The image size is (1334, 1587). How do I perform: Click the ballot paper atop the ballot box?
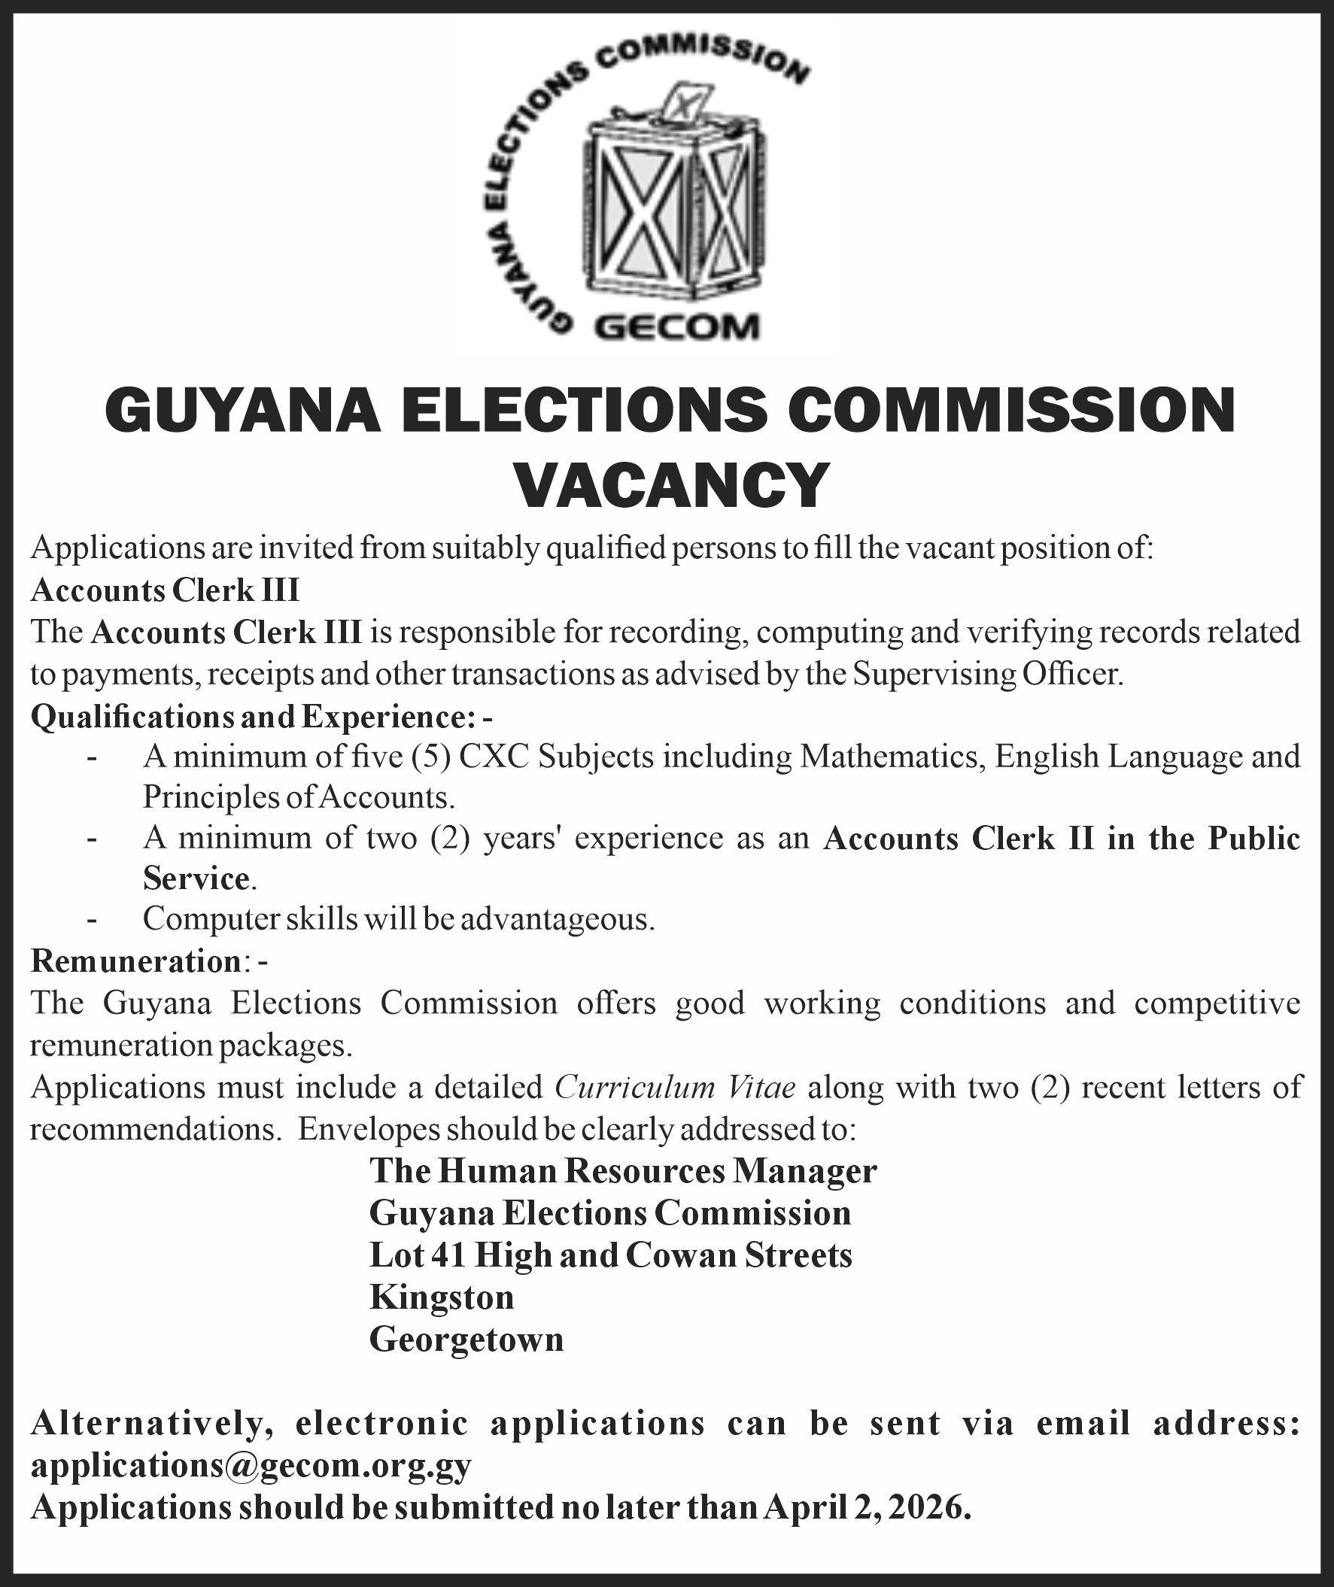pos(685,102)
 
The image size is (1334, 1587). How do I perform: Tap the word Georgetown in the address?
pos(466,1339)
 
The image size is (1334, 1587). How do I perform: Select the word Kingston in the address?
pos(442,1297)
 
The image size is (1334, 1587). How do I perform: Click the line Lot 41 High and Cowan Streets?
pos(611,1255)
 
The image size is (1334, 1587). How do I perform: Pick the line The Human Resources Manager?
pos(623,1171)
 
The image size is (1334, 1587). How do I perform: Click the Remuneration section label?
pos(135,962)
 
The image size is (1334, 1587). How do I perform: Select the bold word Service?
pos(196,878)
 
